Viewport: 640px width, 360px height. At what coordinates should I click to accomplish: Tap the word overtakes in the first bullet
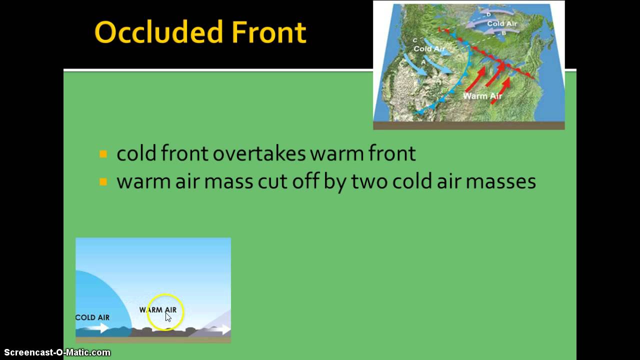tap(258, 153)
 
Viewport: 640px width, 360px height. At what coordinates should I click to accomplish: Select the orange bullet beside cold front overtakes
tap(103, 154)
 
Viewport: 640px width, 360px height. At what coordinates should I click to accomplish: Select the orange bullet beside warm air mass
tap(103, 182)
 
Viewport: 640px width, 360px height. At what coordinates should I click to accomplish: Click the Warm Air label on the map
tap(482, 96)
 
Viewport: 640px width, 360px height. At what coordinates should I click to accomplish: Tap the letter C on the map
tap(414, 40)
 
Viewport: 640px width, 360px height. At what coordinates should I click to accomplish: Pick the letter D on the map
tap(489, 14)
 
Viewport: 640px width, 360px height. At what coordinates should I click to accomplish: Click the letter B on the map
tap(504, 33)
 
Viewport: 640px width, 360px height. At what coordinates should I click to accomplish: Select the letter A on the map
tap(424, 62)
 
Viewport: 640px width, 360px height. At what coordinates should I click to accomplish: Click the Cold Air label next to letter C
tap(429, 49)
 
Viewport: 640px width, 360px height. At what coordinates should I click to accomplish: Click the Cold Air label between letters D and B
tap(502, 23)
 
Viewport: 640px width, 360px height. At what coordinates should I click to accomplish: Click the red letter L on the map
tap(439, 30)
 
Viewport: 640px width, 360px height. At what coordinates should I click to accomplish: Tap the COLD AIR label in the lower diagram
tap(92, 317)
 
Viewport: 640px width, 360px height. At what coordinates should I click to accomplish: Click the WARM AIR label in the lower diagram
tap(157, 310)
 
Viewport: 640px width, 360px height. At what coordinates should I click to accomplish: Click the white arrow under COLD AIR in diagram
tap(97, 328)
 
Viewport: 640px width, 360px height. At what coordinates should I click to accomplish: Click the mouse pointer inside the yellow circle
tap(168, 317)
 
